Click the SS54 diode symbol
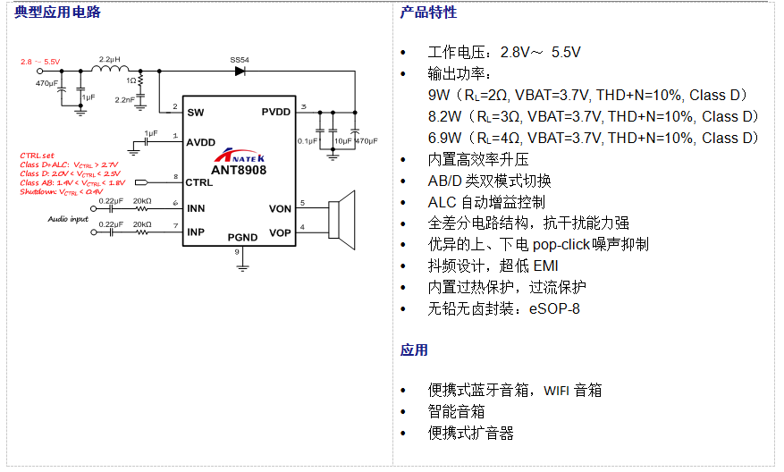[240, 71]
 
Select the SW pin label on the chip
[195, 113]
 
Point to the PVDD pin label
[275, 113]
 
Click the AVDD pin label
[200, 142]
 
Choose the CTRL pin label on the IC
[199, 182]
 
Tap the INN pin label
[196, 209]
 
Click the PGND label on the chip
[242, 238]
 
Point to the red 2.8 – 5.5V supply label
[40, 62]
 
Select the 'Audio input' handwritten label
[68, 218]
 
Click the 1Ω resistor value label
[131, 80]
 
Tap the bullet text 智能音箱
[456, 411]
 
